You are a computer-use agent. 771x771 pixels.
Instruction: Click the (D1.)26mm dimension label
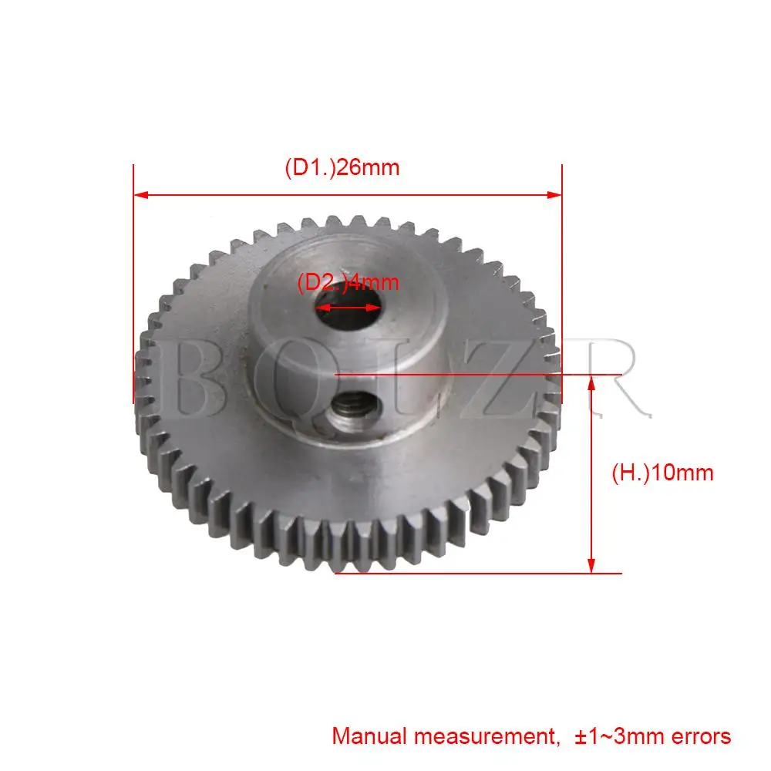(342, 167)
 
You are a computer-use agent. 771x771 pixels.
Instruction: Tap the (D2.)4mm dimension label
(348, 282)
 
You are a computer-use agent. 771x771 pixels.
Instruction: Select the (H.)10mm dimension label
(662, 473)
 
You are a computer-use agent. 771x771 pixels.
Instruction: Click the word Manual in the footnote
(369, 736)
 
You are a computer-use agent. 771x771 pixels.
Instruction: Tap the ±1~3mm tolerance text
(620, 736)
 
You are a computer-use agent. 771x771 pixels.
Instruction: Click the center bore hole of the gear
(348, 309)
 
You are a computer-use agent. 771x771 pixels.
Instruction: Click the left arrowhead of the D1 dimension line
(141, 195)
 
